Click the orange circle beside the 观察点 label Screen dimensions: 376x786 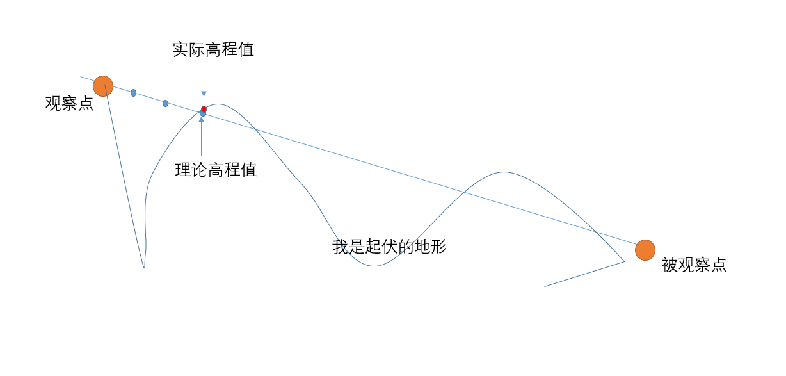[x=103, y=86]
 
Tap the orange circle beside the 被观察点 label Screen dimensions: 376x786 [x=645, y=250]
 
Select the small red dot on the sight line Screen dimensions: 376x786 [x=204, y=109]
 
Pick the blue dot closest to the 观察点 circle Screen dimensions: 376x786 [x=133, y=93]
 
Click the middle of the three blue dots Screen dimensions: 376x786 [x=165, y=103]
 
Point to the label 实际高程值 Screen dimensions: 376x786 [x=213, y=50]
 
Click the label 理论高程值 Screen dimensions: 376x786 [x=216, y=170]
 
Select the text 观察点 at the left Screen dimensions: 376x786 [x=69, y=104]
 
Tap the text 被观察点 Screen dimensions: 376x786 [x=694, y=265]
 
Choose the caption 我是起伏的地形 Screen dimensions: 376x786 [x=389, y=247]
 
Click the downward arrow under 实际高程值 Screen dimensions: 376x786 [x=204, y=79]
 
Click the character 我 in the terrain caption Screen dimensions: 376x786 [x=340, y=247]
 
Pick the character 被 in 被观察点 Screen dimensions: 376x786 [x=669, y=265]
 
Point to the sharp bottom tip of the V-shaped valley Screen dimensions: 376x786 [x=144, y=267]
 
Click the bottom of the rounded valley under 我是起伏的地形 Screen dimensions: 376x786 [x=373, y=266]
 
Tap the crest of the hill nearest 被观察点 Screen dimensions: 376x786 [x=504, y=172]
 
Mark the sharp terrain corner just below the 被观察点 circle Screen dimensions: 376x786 [x=624, y=261]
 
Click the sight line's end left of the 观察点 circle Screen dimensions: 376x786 [x=81, y=77]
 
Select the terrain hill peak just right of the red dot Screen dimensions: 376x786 [x=218, y=104]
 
